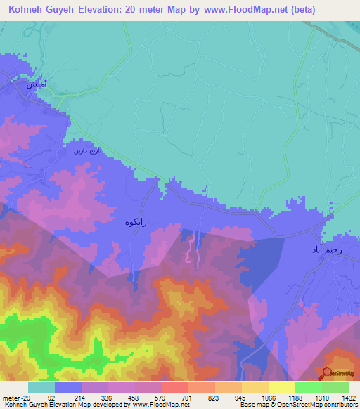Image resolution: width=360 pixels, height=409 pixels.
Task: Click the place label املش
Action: (x=38, y=84)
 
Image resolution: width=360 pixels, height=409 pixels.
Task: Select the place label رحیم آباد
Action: (x=329, y=249)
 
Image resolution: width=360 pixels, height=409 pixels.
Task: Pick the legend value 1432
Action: (x=347, y=397)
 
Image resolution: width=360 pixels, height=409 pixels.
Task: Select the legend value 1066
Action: (x=267, y=397)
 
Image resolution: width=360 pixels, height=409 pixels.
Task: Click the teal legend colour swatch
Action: (x=41, y=387)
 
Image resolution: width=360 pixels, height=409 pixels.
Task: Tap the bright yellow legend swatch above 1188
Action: (x=281, y=387)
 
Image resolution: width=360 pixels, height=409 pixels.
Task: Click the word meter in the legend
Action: (x=11, y=397)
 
